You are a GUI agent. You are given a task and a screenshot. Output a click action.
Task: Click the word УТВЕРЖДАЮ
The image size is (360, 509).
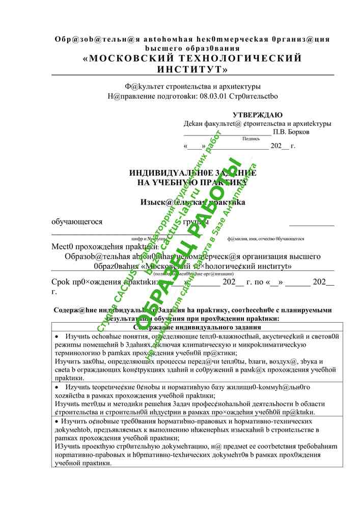point(257,115)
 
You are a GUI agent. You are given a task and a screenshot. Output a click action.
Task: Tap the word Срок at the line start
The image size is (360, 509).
point(61,282)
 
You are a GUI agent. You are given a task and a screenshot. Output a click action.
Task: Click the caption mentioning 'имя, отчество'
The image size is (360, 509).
point(266,239)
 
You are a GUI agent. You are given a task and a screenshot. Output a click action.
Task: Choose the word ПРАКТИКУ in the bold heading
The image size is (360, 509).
point(223,182)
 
